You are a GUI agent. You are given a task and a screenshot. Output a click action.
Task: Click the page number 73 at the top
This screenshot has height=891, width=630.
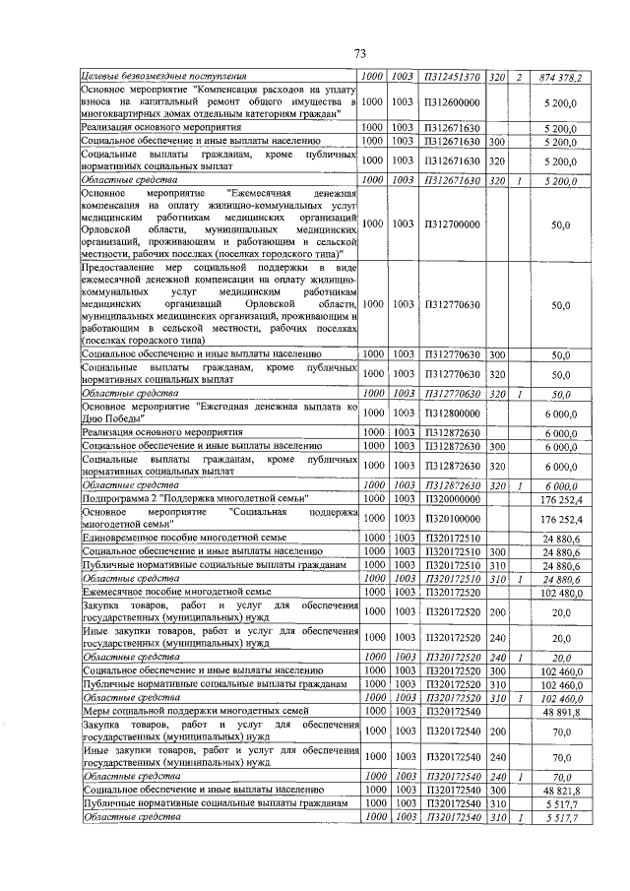[x=359, y=53]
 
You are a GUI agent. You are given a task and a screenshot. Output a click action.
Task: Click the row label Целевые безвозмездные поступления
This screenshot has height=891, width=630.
[x=164, y=77]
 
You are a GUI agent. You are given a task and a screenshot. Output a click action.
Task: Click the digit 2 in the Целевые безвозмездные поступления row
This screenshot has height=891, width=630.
[x=519, y=77]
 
